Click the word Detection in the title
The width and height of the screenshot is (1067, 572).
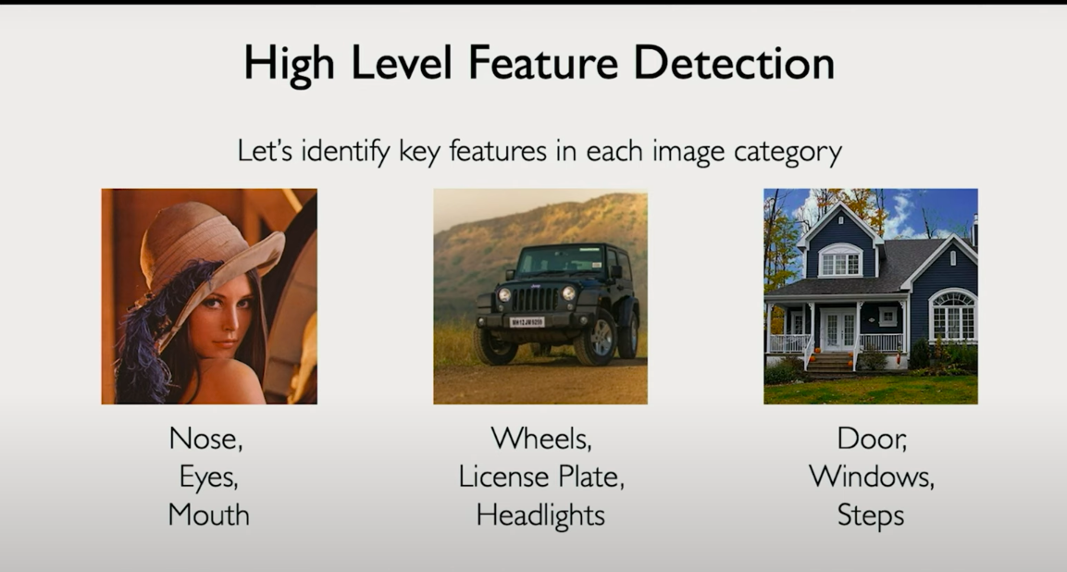[734, 63]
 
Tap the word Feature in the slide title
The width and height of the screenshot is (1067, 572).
[542, 63]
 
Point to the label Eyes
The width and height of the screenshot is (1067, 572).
[208, 478]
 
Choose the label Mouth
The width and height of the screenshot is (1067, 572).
[208, 514]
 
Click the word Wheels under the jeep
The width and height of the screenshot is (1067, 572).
[541, 439]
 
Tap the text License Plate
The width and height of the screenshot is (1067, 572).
[541, 477]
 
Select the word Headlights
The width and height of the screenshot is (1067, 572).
[540, 515]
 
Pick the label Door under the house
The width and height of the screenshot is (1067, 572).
[872, 439]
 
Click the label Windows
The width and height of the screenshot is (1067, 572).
[871, 477]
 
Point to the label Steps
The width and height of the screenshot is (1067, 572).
[870, 516]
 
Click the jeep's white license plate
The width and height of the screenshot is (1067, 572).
[527, 321]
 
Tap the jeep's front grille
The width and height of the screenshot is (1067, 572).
[534, 298]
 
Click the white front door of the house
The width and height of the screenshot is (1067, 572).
[839, 330]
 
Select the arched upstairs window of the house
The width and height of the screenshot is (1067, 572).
[839, 260]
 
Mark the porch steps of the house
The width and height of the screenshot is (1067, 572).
[829, 364]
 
